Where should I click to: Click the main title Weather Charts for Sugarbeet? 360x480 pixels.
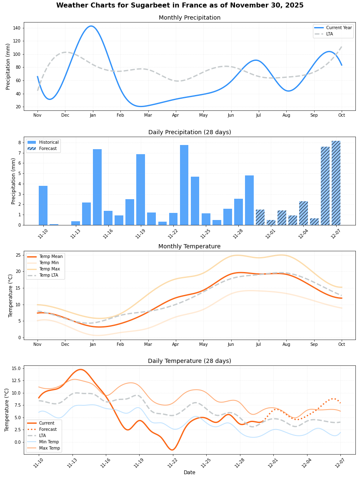[x=180, y=5]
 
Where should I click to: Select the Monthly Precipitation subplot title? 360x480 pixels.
[x=190, y=18]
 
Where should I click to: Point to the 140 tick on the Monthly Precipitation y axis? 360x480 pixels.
[x=17, y=28]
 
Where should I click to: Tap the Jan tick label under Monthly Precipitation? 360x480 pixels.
[x=92, y=115]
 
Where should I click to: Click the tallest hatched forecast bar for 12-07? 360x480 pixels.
[x=336, y=183]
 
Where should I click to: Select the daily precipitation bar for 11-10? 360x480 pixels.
[x=43, y=205]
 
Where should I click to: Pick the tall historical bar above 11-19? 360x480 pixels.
[x=140, y=190]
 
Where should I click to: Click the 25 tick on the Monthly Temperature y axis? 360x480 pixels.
[x=17, y=255]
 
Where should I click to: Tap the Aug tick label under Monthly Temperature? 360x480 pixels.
[x=286, y=344]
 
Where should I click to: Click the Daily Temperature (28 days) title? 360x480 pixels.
[x=190, y=361]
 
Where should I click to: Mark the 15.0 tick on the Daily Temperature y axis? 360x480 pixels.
[x=15, y=368]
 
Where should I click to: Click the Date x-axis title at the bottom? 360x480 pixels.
[x=190, y=472]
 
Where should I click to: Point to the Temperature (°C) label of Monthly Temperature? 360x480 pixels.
[x=11, y=295]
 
